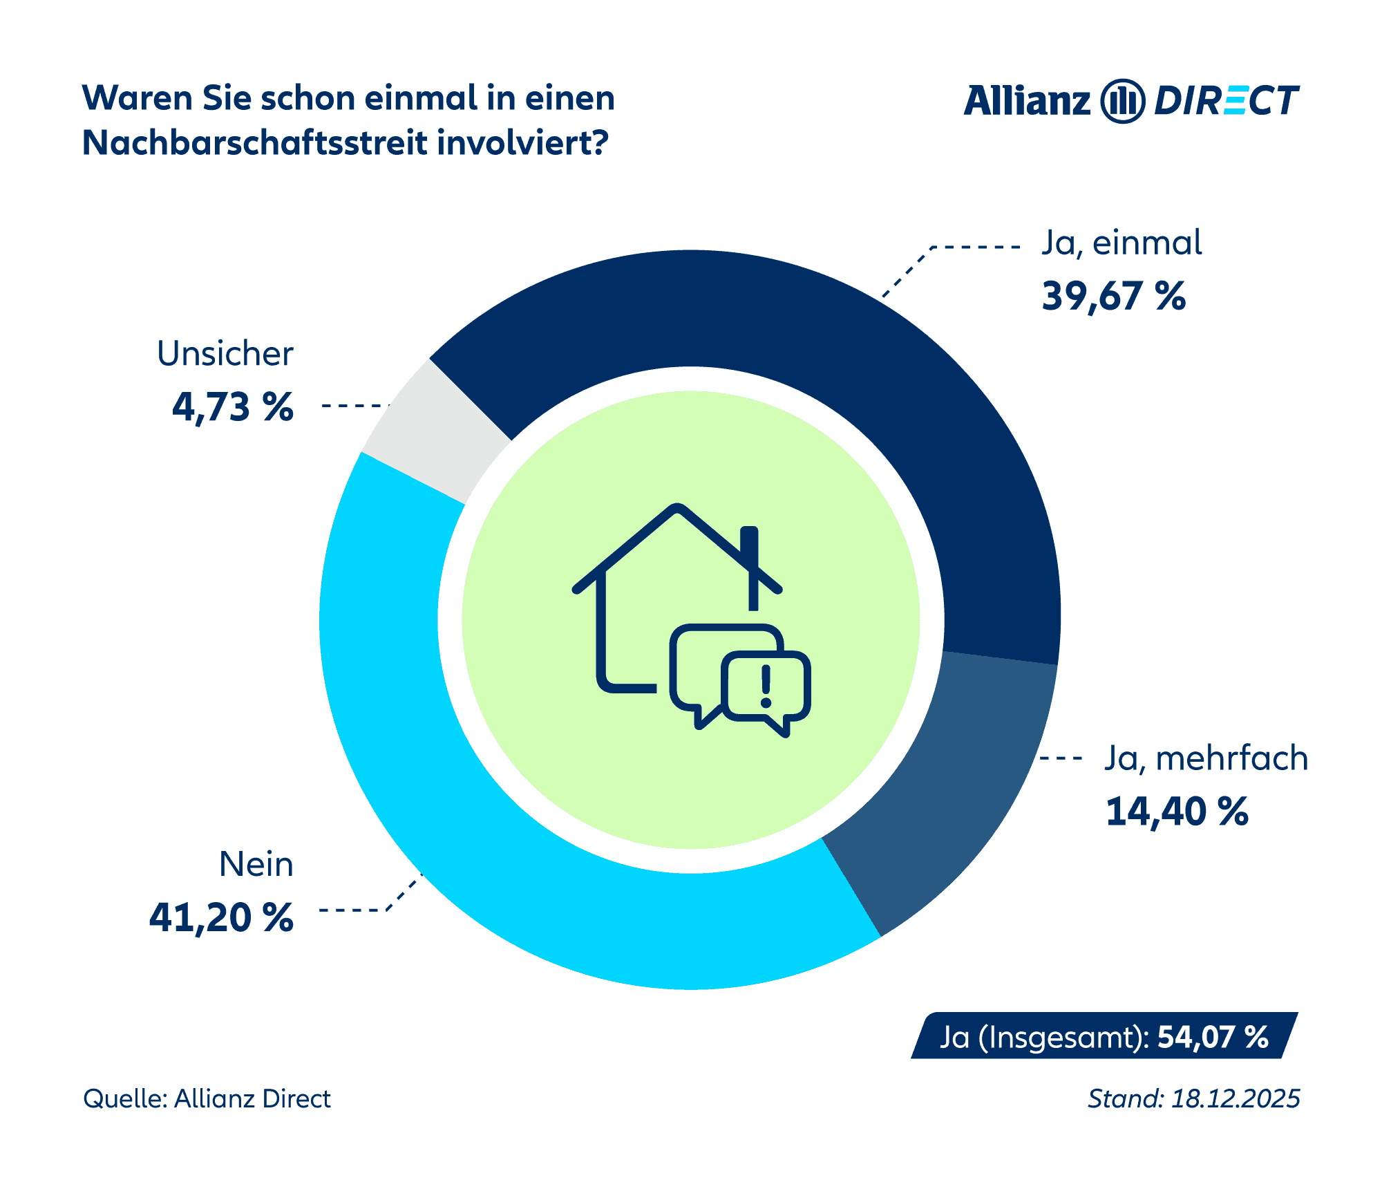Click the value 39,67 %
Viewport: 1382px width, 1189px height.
click(1114, 297)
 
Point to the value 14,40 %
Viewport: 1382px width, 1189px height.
click(1177, 812)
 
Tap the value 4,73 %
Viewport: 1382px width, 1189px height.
click(233, 407)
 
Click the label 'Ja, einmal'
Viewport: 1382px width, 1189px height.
click(1121, 244)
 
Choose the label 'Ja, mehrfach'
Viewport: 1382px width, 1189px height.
click(1206, 758)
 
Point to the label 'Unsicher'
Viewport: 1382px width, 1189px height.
click(225, 354)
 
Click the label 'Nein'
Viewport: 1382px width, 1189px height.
click(256, 865)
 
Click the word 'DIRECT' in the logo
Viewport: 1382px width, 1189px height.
click(1227, 102)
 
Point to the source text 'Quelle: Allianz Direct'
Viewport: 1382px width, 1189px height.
click(207, 1099)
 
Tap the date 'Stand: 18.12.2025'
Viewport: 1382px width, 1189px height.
click(1194, 1099)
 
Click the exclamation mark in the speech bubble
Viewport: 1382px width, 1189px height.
click(765, 686)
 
